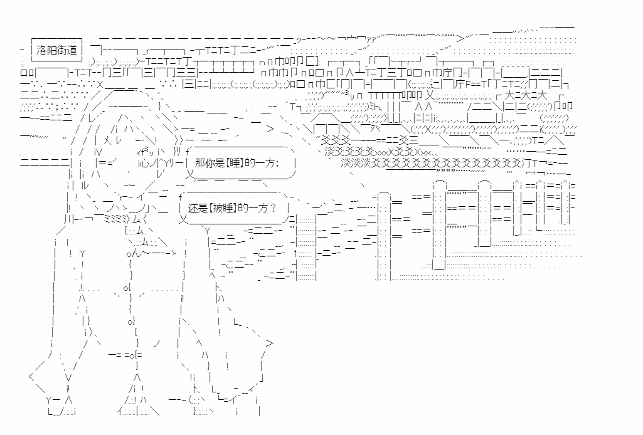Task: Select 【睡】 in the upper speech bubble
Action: [x=230, y=162]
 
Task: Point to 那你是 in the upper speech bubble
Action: [x=205, y=162]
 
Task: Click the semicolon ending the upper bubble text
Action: [x=275, y=162]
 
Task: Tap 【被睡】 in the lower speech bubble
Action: [x=226, y=207]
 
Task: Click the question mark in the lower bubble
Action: [x=274, y=207]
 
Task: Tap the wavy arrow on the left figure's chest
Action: [x=151, y=254]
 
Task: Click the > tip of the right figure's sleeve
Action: [x=269, y=343]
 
